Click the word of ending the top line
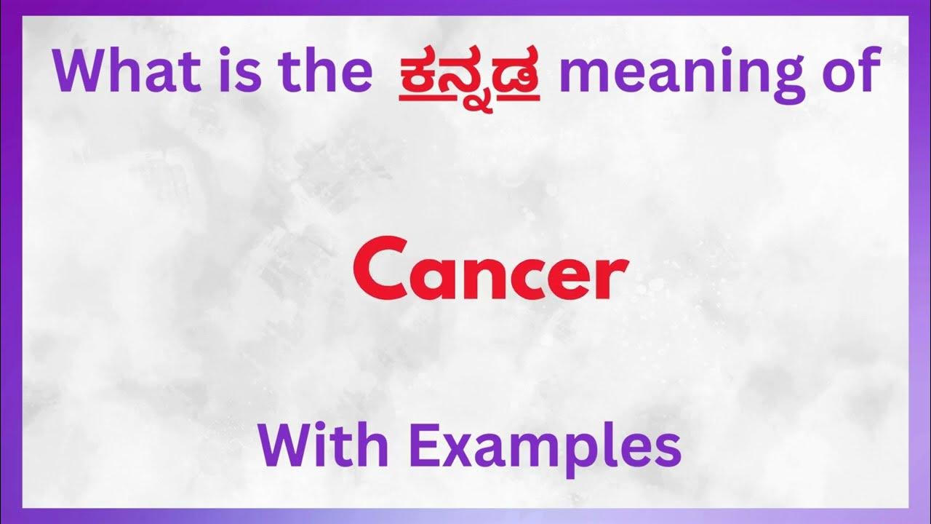pos(844,71)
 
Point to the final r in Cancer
pos(612,275)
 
